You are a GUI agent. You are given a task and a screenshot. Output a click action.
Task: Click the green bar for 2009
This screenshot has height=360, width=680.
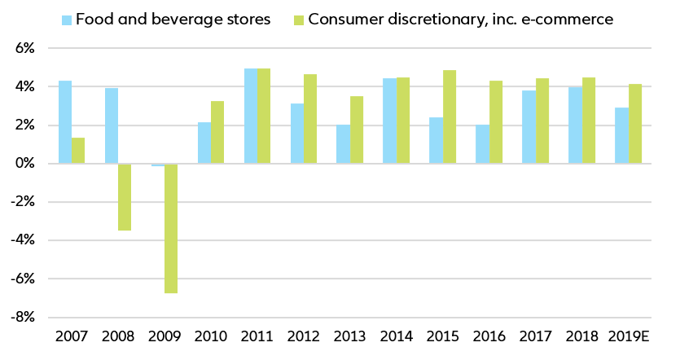point(171,228)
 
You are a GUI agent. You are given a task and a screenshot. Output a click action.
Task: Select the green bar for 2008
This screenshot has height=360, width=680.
point(125,197)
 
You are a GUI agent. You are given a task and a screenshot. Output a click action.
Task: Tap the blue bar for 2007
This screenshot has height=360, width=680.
point(65,122)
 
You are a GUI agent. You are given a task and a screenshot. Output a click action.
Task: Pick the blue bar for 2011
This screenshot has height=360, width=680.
point(251,116)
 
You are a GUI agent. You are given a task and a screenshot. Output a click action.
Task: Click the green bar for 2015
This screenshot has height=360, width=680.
point(450,116)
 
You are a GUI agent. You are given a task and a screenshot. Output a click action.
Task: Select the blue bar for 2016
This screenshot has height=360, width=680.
point(483,144)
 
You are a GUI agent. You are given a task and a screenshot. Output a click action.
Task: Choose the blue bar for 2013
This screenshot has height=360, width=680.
point(344,144)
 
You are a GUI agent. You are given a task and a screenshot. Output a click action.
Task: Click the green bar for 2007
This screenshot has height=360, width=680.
point(78,151)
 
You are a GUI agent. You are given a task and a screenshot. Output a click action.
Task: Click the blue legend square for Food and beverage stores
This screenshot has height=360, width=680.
point(67,20)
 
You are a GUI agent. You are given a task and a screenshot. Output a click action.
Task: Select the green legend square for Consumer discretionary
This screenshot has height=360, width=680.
point(298,20)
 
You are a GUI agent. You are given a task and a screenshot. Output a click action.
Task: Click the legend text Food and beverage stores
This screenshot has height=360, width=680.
point(173,20)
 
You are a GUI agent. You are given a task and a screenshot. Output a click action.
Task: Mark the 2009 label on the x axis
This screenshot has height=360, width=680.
point(165,336)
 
